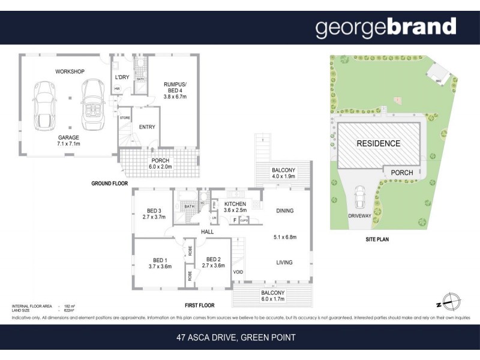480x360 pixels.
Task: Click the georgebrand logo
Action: pos(385,28)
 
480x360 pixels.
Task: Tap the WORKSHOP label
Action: pos(70,72)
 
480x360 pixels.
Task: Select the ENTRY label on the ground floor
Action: pos(147,127)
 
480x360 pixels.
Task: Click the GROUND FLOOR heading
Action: pos(110,183)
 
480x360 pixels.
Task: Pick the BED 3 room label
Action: pos(154,214)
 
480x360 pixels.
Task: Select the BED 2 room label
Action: pos(214,263)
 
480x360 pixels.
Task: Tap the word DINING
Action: pos(284,211)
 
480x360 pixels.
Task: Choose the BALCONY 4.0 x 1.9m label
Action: pos(283,173)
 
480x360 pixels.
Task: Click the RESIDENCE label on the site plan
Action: pos(378,143)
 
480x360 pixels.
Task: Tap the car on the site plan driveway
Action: pos(359,196)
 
